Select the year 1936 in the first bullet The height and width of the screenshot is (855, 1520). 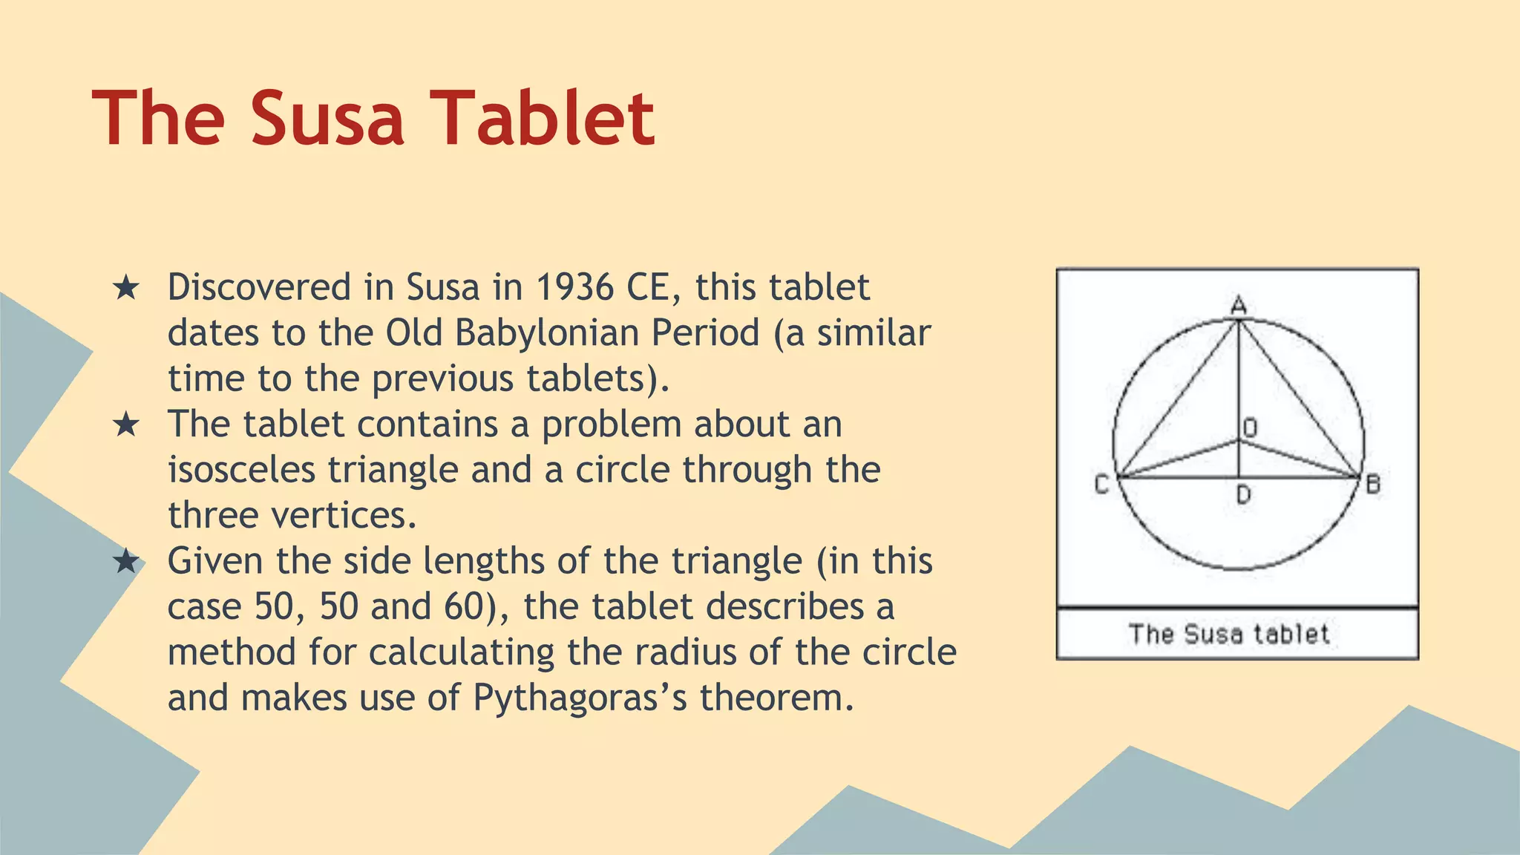coord(574,288)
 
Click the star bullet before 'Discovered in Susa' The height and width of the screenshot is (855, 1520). coord(126,288)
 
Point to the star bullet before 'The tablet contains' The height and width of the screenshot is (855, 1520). coord(126,425)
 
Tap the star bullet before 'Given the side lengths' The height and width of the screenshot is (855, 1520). coord(126,562)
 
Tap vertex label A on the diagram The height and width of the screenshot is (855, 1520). coord(1238,305)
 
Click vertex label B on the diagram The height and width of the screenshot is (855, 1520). coord(1373,485)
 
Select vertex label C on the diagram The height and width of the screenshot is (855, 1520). coord(1101,485)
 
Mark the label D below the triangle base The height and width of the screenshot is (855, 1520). coord(1244,494)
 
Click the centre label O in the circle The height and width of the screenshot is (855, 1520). coord(1251,427)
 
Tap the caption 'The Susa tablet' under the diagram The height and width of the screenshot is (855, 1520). coord(1229,635)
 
